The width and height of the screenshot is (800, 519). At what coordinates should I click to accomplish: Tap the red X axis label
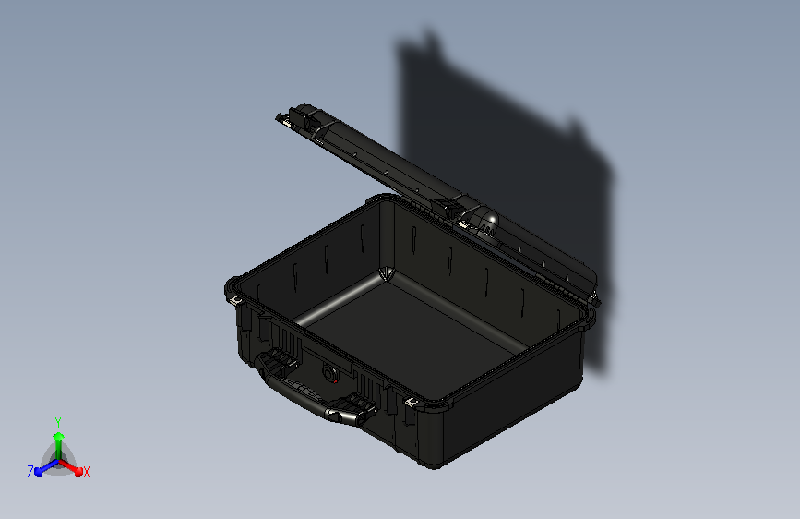pos(87,472)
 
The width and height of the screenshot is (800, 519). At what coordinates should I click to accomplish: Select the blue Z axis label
pos(30,471)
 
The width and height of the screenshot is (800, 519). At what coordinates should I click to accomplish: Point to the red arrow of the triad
pos(73,465)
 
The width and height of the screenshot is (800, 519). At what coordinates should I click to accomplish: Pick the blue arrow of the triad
pos(42,467)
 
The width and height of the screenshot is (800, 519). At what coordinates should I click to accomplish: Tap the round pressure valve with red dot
pos(330,373)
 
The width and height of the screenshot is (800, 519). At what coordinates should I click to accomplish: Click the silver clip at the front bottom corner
pos(410,403)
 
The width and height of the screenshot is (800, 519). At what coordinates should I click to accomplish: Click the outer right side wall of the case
pos(517,406)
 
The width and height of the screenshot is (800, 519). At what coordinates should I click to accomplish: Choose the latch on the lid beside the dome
pos(452,210)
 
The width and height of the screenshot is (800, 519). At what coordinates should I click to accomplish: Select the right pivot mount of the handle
pos(355,406)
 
